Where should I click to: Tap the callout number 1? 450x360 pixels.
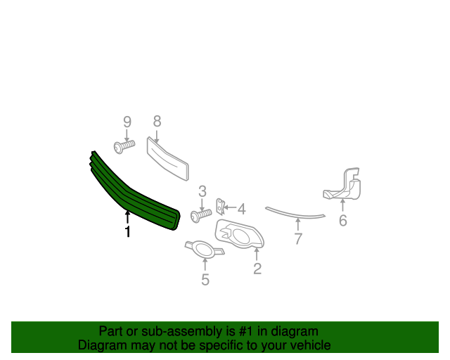[x=128, y=231]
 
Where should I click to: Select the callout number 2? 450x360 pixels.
[x=257, y=269]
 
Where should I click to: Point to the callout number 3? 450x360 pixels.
[x=202, y=191]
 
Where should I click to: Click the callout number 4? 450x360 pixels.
[x=242, y=209]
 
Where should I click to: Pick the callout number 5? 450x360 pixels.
[x=205, y=280]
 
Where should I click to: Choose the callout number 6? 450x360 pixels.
[x=343, y=221]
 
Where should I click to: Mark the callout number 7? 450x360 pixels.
[x=298, y=238]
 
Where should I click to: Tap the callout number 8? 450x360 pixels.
[x=157, y=122]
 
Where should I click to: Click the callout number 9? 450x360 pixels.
[x=127, y=122]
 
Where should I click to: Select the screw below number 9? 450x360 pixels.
[x=124, y=147]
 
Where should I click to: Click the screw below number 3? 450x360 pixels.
[x=201, y=216]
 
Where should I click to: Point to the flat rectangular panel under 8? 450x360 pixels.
[x=167, y=159]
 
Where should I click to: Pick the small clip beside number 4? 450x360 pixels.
[x=220, y=207]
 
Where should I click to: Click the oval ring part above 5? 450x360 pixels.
[x=205, y=250]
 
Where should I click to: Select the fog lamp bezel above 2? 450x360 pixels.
[x=239, y=234]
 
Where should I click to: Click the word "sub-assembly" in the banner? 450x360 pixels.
[x=181, y=332]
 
